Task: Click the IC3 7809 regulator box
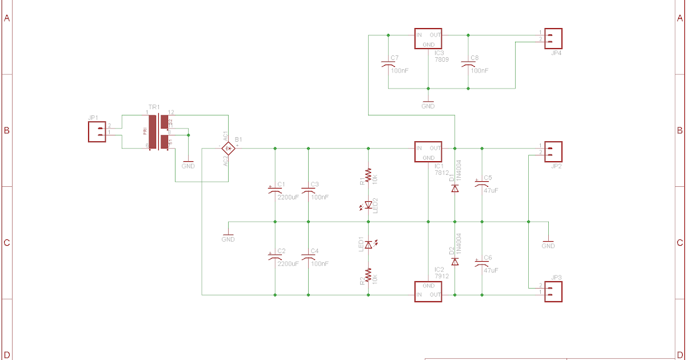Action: [428, 39]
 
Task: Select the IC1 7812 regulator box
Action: [428, 153]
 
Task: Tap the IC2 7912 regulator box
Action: [428, 290]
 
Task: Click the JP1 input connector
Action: [97, 132]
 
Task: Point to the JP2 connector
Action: [553, 151]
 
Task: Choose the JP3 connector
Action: [553, 290]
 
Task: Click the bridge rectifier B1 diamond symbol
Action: [228, 149]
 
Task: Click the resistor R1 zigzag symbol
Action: [368, 175]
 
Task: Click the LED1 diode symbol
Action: [368, 245]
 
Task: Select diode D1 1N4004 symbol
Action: [455, 188]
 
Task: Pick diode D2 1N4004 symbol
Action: [455, 261]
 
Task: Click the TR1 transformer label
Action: [154, 107]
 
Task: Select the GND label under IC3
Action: [428, 106]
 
